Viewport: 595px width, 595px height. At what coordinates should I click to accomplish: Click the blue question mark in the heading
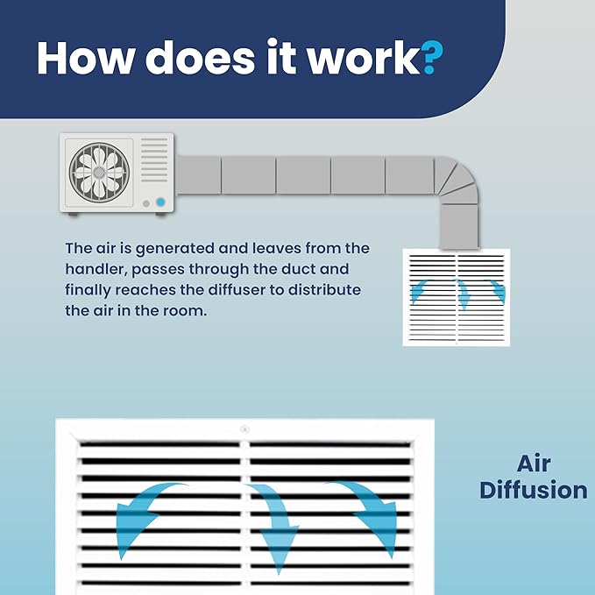coord(432,58)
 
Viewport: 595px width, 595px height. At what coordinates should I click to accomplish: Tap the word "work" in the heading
coord(364,57)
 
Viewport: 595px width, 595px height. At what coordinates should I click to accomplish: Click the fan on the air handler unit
coord(99,173)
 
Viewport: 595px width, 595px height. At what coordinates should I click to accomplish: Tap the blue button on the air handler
coord(160,202)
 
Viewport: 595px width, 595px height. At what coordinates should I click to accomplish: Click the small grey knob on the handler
coord(146,204)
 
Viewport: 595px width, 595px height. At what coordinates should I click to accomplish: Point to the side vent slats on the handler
coord(154,159)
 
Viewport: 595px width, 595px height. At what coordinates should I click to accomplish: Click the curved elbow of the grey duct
coord(457,181)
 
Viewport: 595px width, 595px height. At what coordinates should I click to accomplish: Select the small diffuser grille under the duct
coord(457,297)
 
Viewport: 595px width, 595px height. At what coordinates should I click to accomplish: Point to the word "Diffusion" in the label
coord(534,490)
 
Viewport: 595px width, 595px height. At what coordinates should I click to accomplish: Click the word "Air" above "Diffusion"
coord(534,464)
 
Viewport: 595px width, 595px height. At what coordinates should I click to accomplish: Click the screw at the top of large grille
coord(244,429)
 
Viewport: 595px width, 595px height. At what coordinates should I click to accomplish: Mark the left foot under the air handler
coord(74,215)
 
